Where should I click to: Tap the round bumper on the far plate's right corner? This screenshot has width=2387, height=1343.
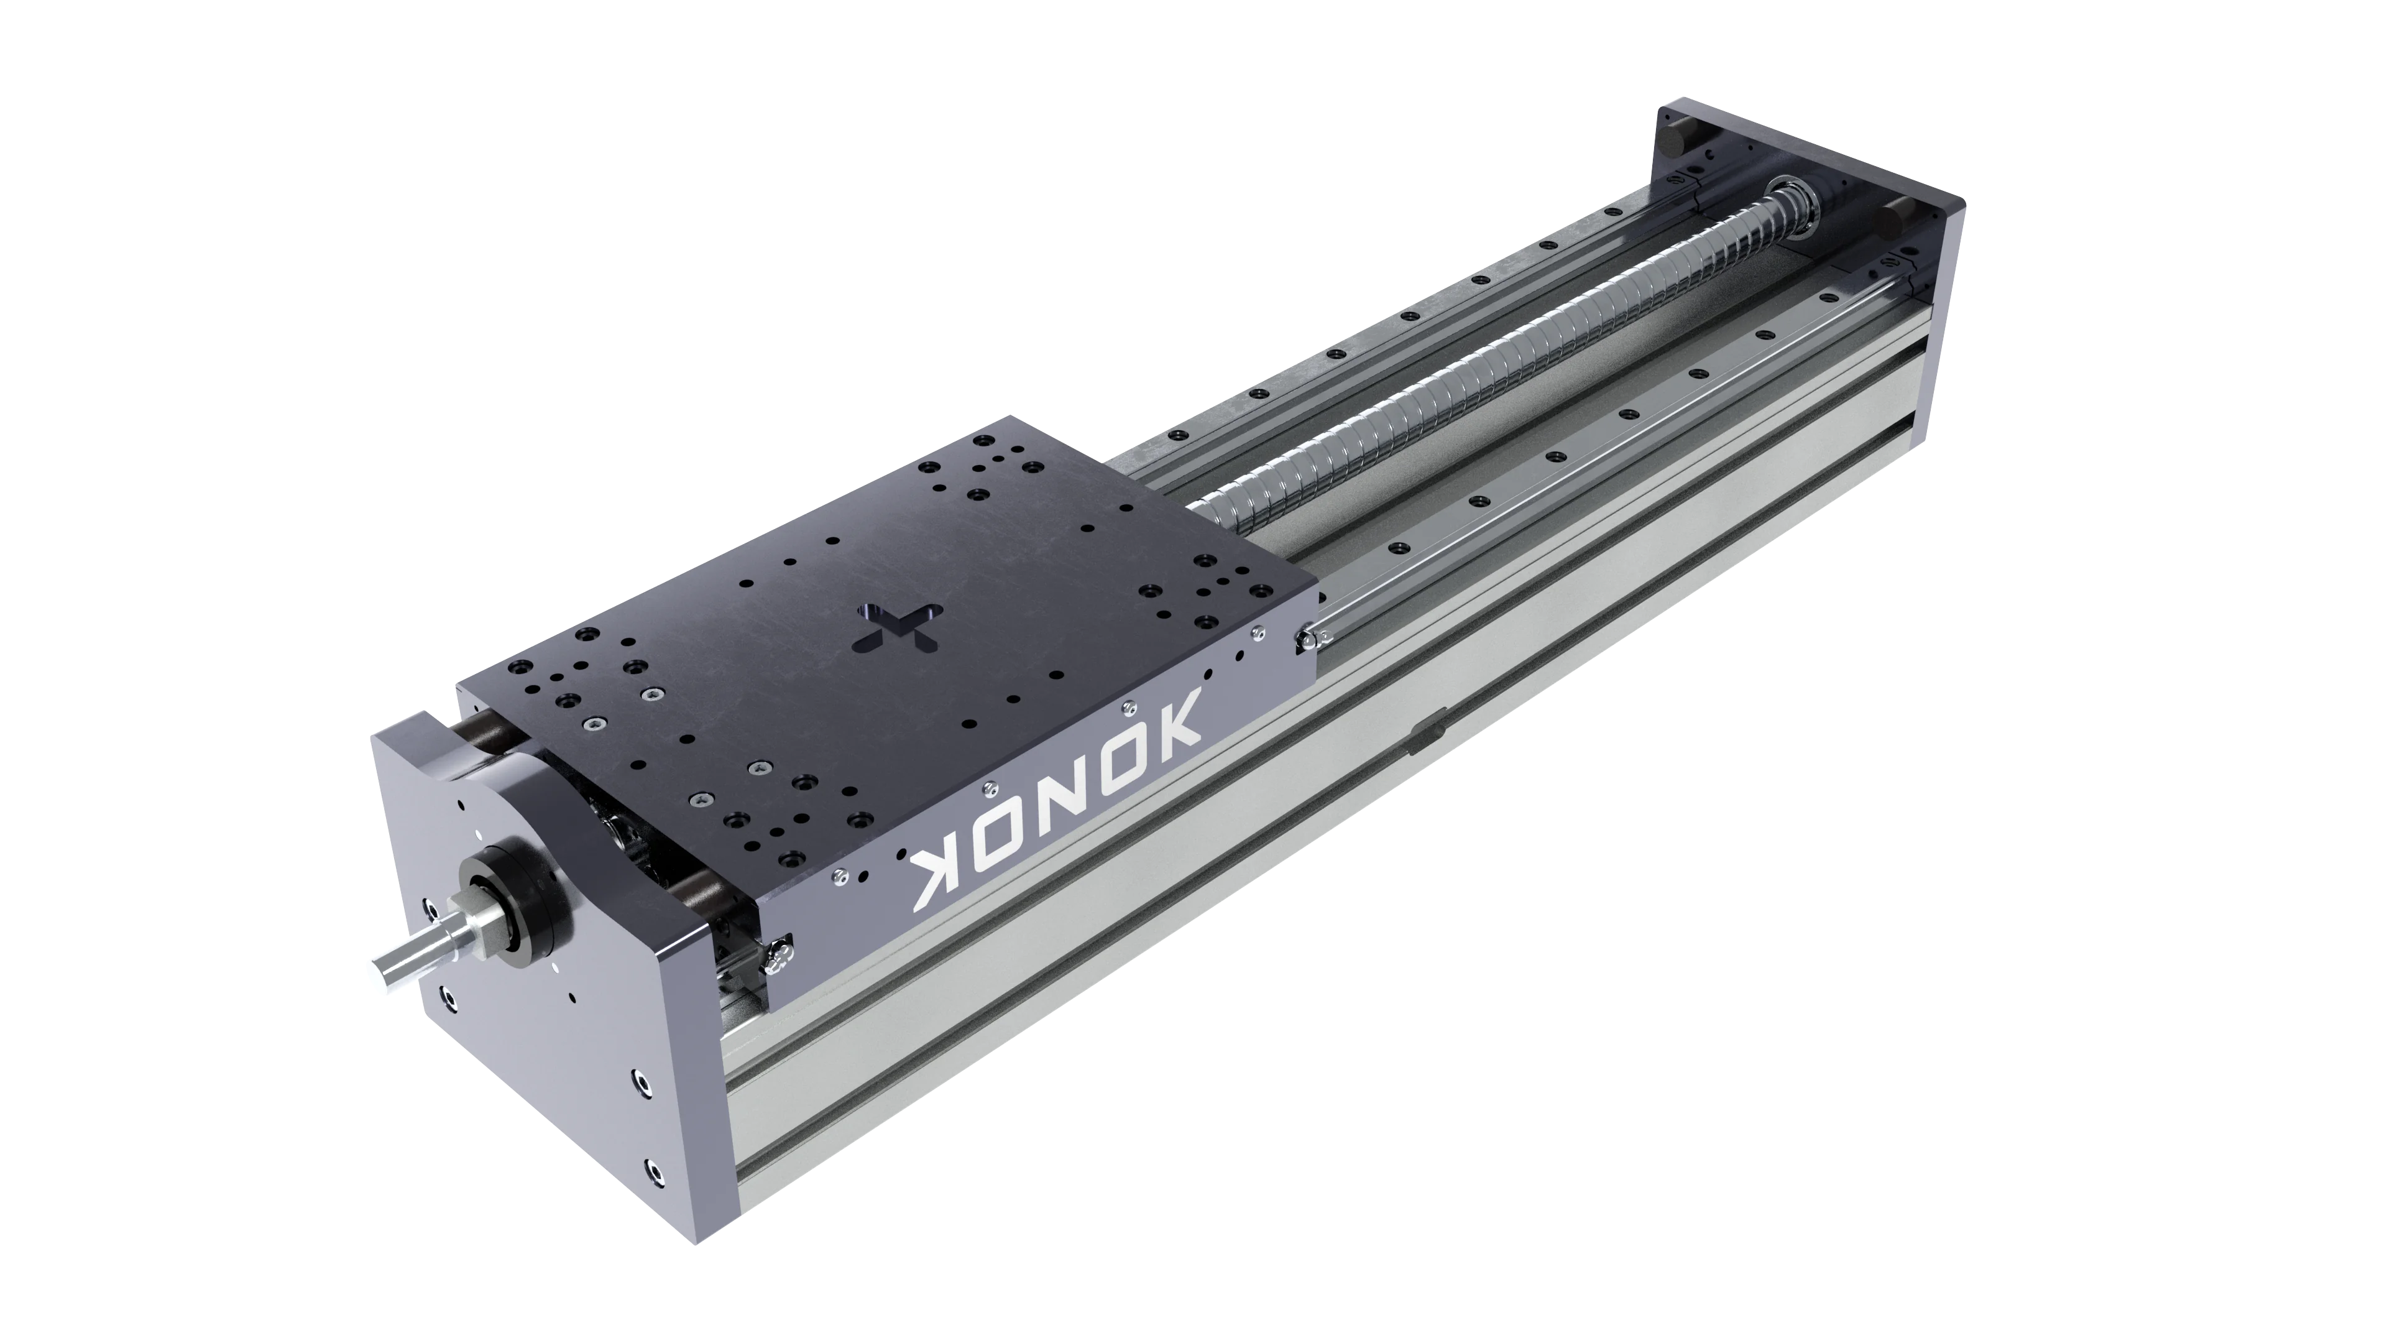click(x=1894, y=216)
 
